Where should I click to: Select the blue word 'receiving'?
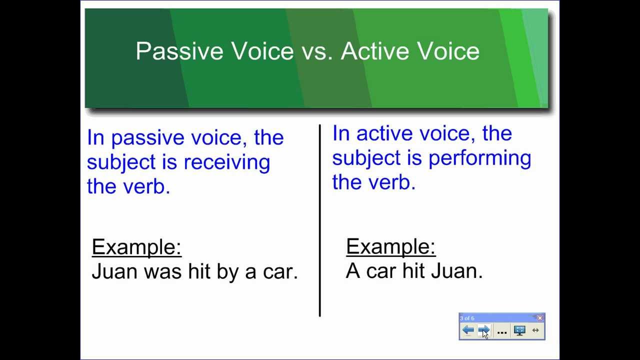[226, 162]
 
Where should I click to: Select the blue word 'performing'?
[479, 158]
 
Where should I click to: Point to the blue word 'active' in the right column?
[384, 134]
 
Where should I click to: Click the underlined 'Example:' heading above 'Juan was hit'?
[136, 247]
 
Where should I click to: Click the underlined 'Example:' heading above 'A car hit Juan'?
[390, 246]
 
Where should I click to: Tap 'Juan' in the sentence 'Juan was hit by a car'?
[114, 271]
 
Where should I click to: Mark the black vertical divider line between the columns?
[319, 220]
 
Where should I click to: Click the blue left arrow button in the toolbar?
[468, 330]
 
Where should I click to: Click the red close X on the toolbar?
[540, 318]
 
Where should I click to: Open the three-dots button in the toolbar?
[502, 331]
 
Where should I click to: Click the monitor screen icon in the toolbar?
[519, 330]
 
